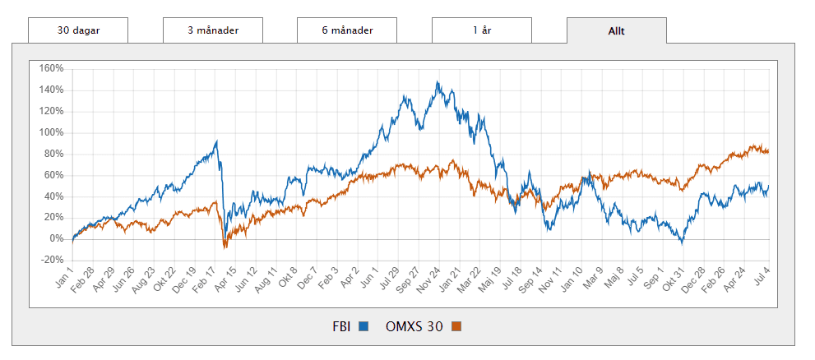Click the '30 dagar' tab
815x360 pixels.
[x=78, y=30]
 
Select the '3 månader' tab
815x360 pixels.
[x=212, y=30]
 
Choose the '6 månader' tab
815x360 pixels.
[x=347, y=30]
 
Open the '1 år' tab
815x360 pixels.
[x=481, y=30]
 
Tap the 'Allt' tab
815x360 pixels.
[x=616, y=30]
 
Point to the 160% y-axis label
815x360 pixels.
[x=51, y=68]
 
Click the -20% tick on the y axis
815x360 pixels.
[x=51, y=260]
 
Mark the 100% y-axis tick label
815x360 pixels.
[x=51, y=132]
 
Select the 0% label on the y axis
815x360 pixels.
[x=54, y=238]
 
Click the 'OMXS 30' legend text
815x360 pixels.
[x=414, y=326]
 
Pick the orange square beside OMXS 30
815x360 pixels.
[x=456, y=327]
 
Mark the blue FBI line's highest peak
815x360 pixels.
[x=438, y=81]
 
